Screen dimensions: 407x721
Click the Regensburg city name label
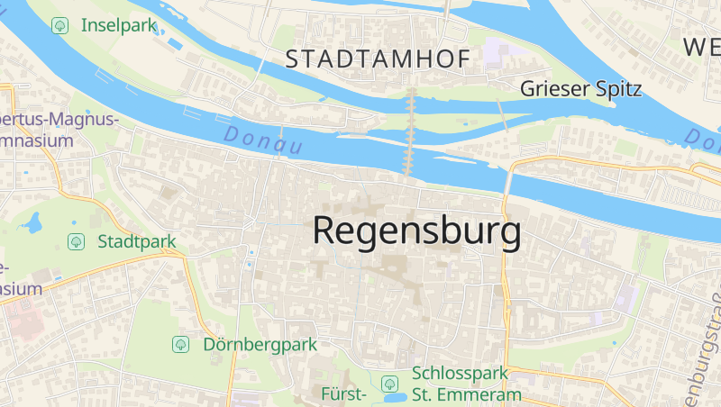click(416, 231)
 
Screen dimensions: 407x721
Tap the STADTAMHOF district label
click(378, 60)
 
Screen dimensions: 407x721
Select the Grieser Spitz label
click(580, 89)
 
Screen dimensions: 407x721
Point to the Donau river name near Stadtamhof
click(260, 140)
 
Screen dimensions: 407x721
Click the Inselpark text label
click(119, 25)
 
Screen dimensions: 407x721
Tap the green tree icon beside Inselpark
click(60, 25)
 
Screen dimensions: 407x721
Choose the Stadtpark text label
click(136, 241)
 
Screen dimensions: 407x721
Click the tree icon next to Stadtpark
click(77, 241)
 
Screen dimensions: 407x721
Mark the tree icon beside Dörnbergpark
click(180, 344)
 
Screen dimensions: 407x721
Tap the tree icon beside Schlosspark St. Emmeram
click(389, 383)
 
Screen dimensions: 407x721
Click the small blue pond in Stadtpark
click(33, 222)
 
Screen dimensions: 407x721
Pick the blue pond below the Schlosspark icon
click(394, 397)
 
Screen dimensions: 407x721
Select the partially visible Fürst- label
click(342, 394)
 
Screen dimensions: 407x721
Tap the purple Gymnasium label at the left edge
click(36, 131)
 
